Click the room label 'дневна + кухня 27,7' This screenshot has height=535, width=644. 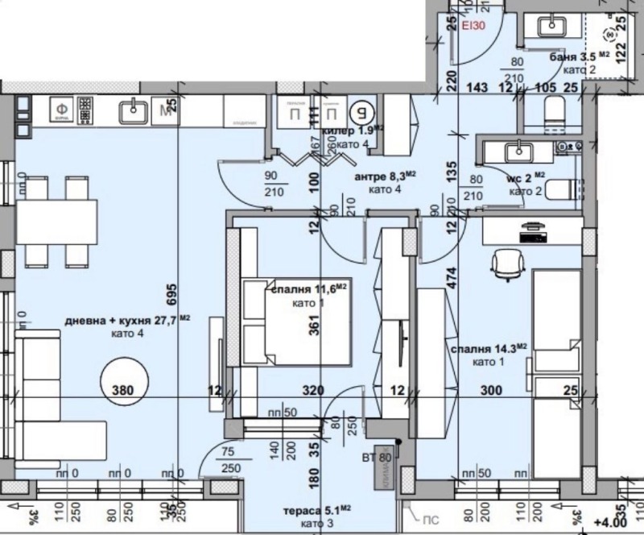pyautogui.click(x=122, y=321)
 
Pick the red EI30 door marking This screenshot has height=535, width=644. pyautogui.click(x=473, y=26)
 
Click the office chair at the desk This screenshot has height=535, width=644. pyautogui.click(x=506, y=265)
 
